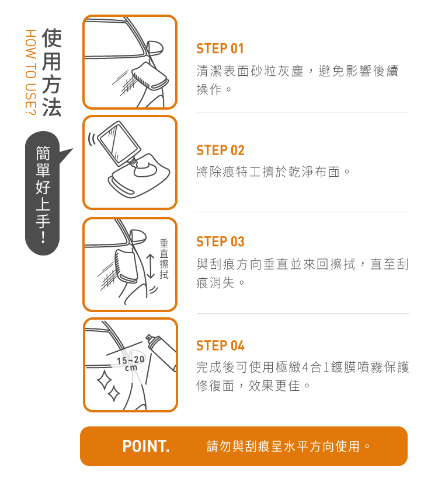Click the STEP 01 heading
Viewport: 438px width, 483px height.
pyautogui.click(x=220, y=48)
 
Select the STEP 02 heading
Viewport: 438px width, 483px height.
pyautogui.click(x=220, y=150)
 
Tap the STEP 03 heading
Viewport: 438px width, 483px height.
pyautogui.click(x=220, y=242)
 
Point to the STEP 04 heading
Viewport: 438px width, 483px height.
pyautogui.click(x=220, y=345)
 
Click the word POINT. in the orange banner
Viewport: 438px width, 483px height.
pyautogui.click(x=146, y=446)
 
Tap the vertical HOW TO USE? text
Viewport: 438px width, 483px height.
pyautogui.click(x=31, y=72)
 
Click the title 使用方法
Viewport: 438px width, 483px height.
pyautogui.click(x=52, y=72)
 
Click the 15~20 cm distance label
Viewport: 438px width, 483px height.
pyautogui.click(x=131, y=363)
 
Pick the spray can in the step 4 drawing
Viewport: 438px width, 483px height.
pyautogui.click(x=162, y=352)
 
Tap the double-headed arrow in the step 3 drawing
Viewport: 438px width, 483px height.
pyautogui.click(x=150, y=267)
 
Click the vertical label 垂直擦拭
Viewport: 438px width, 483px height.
pyautogui.click(x=164, y=260)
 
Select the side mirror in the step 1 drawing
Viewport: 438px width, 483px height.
pyautogui.click(x=155, y=48)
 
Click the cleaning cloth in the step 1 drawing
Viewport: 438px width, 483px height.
pyautogui.click(x=150, y=75)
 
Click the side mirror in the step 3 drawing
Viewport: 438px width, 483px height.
pyautogui.click(x=138, y=237)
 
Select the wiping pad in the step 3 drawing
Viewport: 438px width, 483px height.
pyautogui.click(x=126, y=266)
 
